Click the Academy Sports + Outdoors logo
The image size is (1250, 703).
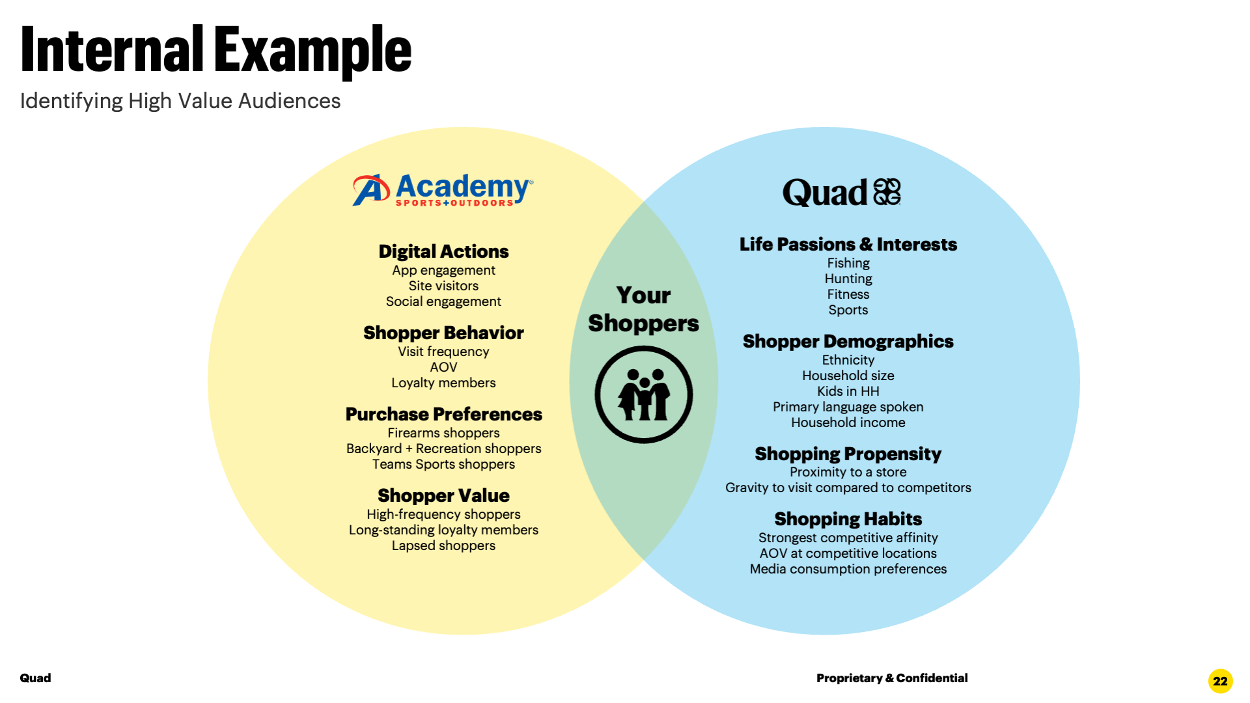pos(443,190)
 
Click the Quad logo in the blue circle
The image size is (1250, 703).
pos(841,193)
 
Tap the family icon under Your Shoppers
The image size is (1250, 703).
pos(643,394)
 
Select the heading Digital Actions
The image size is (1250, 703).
pos(443,252)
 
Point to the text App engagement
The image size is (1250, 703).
pos(443,270)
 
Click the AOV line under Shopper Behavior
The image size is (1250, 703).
pos(443,367)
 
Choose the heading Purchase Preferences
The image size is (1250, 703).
pos(443,415)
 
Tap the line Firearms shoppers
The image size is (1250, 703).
pos(443,433)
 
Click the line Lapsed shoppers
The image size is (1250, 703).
pos(443,545)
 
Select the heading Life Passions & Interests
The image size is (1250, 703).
pos(848,245)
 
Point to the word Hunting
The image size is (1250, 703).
pos(848,279)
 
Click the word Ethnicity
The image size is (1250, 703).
pos(848,360)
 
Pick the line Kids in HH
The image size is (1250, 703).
pos(848,391)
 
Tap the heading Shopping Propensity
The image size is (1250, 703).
pos(848,454)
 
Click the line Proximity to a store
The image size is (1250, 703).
pos(848,472)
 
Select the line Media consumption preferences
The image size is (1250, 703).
pos(848,569)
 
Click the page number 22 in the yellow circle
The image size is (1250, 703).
pos(1220,681)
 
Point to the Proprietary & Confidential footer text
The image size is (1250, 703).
pos(892,678)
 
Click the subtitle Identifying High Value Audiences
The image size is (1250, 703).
pos(180,102)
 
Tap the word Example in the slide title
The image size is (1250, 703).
pos(312,51)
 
